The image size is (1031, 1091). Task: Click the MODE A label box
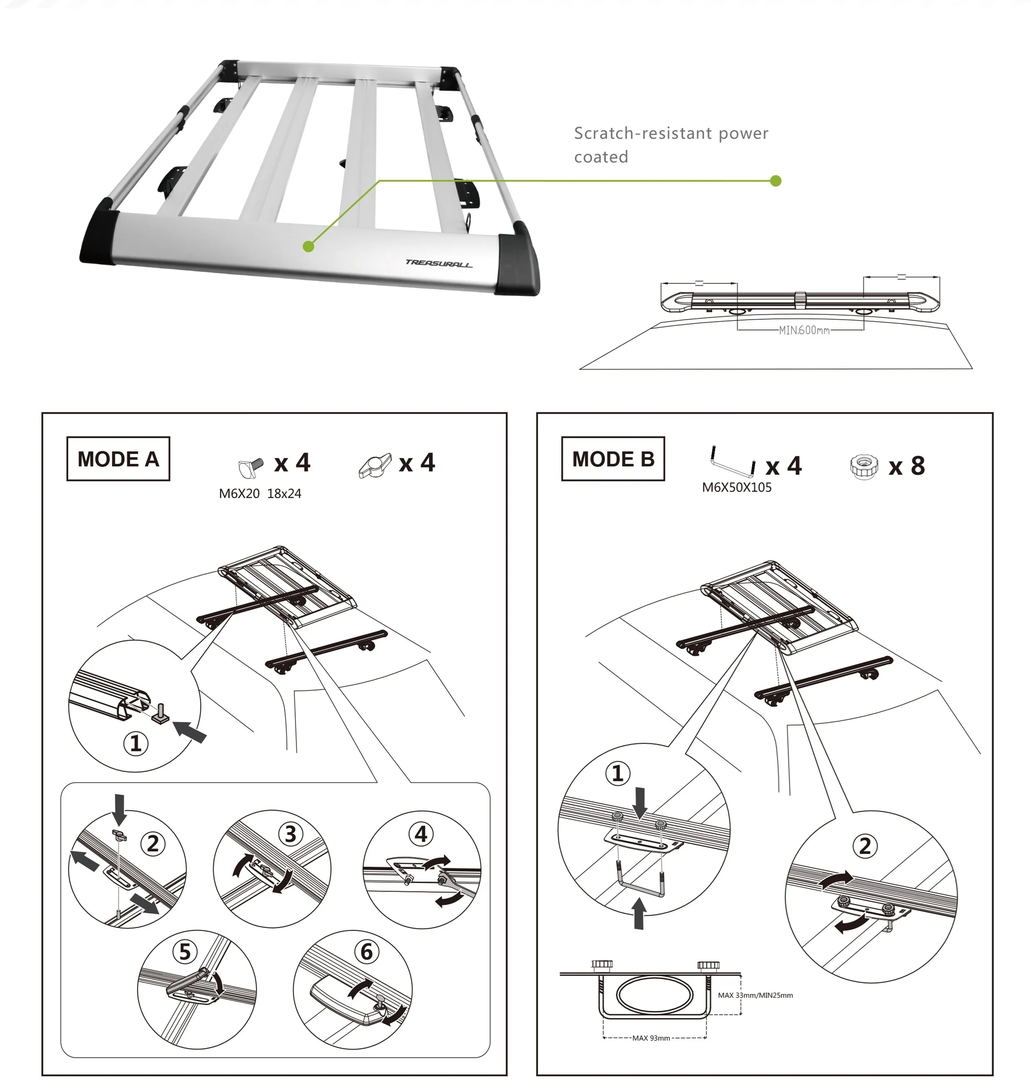pos(118,459)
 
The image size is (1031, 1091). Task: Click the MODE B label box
pos(613,459)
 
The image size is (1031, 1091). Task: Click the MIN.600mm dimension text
pos(804,330)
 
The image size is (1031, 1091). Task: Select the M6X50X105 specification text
pos(736,488)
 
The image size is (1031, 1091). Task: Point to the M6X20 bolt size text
pos(239,494)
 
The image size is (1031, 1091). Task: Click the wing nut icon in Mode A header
pos(375,466)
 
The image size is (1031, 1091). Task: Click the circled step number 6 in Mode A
pos(367,951)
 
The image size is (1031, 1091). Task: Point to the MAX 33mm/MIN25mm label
pos(755,995)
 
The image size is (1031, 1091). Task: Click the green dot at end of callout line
pos(775,181)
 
